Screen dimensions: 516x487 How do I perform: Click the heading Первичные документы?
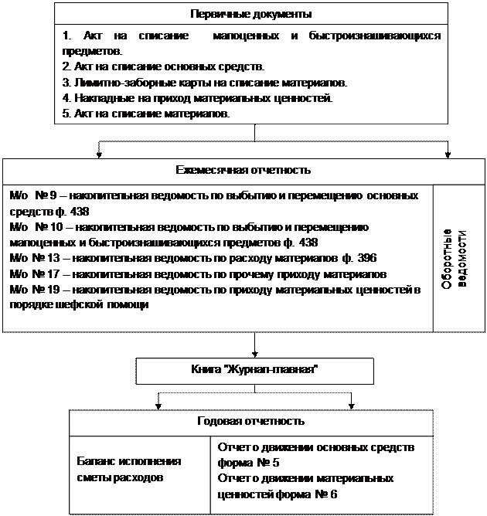[x=250, y=14]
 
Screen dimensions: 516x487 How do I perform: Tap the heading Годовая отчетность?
[x=250, y=421]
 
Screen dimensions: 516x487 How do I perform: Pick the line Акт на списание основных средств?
[x=163, y=66]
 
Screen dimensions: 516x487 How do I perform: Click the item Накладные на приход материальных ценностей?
[x=197, y=98]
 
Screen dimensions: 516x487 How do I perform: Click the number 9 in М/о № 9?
[x=53, y=196]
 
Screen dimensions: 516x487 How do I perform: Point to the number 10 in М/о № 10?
[x=56, y=228]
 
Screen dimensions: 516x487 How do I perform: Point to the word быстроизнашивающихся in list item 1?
[x=375, y=36]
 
